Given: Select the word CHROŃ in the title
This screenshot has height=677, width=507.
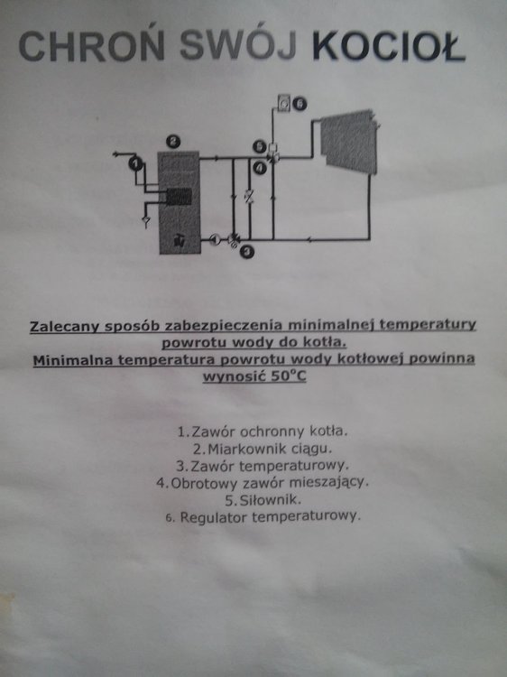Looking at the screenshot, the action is (92, 45).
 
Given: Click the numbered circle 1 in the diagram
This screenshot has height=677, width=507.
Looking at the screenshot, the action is (135, 163).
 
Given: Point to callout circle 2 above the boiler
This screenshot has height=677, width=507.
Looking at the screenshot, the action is (173, 141).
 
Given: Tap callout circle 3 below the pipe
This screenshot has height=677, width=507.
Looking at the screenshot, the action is (247, 252).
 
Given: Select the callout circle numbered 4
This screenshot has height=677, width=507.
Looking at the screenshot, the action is (260, 168).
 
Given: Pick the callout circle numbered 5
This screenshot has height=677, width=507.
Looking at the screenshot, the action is (260, 147).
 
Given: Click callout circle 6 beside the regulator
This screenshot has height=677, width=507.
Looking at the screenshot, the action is (300, 104).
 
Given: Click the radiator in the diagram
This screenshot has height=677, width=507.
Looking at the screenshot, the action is (349, 141).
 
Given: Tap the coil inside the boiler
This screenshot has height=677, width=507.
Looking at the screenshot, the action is (179, 197).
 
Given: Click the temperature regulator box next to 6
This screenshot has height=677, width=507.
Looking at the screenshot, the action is (284, 103).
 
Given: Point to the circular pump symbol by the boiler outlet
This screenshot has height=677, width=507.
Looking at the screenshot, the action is (216, 239).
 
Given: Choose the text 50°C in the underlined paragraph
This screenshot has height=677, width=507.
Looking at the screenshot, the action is (289, 376).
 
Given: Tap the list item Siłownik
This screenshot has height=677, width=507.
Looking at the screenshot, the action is (263, 500).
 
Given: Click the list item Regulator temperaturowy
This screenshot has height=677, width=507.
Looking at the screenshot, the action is (263, 517).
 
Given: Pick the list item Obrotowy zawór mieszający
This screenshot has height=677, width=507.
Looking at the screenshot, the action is (263, 483).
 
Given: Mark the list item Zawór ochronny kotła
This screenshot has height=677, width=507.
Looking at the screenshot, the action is (263, 431).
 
